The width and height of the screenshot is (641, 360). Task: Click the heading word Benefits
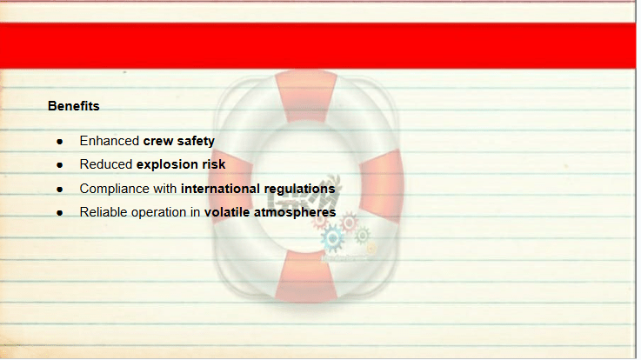click(x=74, y=106)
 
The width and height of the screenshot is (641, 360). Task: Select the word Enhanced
click(x=109, y=141)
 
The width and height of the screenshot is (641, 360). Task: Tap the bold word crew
click(x=158, y=142)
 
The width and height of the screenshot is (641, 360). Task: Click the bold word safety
click(x=196, y=142)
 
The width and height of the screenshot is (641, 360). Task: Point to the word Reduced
click(x=106, y=164)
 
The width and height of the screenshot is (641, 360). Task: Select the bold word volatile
click(x=227, y=212)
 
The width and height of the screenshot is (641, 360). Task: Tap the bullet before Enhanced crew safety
click(x=60, y=142)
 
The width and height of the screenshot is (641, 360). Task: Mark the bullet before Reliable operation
click(x=60, y=213)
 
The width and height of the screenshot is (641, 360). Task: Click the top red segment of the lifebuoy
click(x=306, y=96)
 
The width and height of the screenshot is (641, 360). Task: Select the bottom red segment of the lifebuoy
click(x=306, y=276)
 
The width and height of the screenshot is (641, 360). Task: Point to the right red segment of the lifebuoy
click(x=382, y=186)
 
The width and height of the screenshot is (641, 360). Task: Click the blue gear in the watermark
click(x=332, y=237)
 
